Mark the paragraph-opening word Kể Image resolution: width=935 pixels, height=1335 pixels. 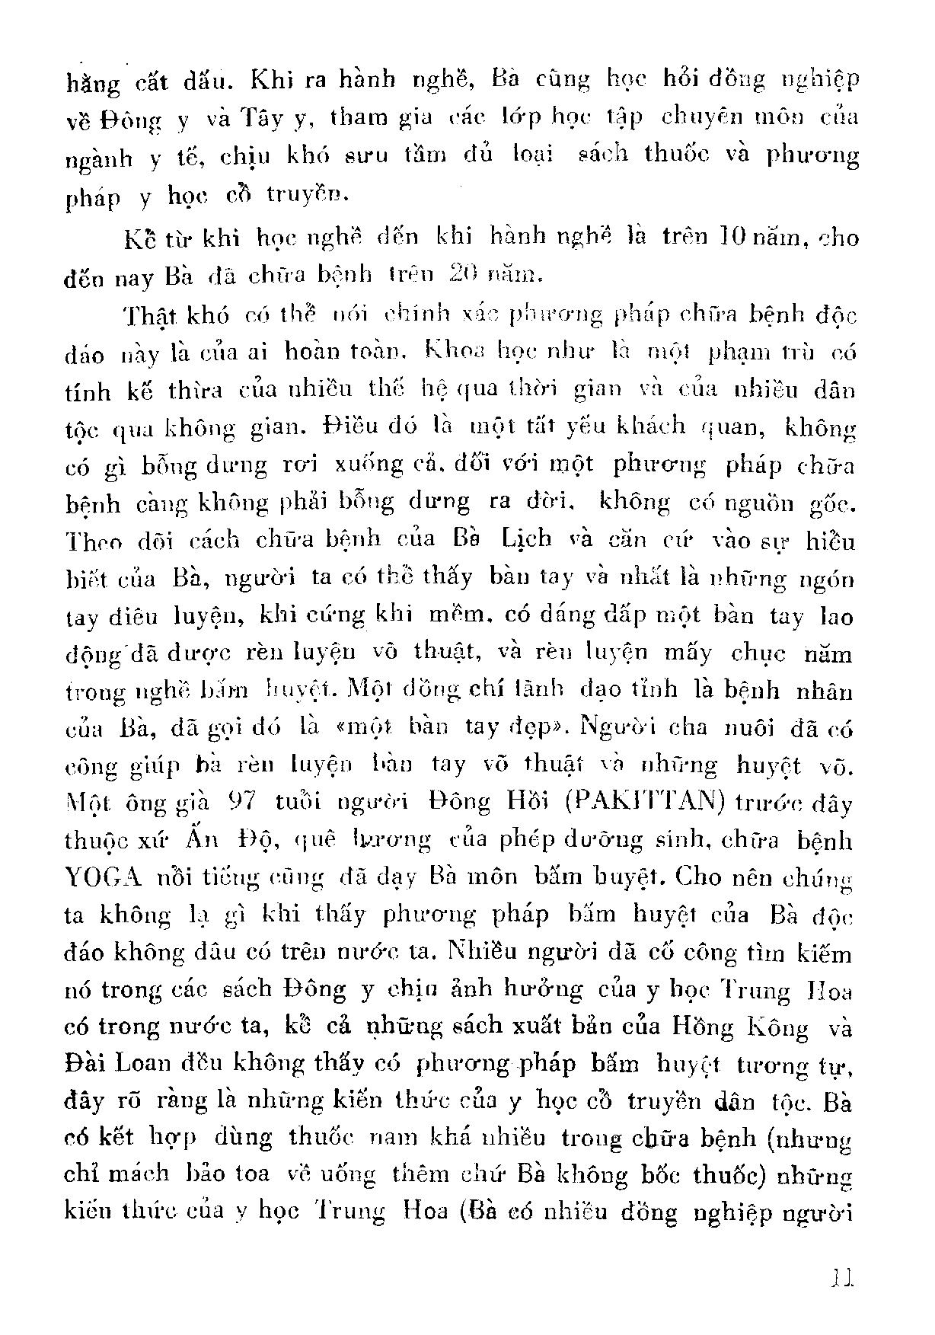tap(139, 240)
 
